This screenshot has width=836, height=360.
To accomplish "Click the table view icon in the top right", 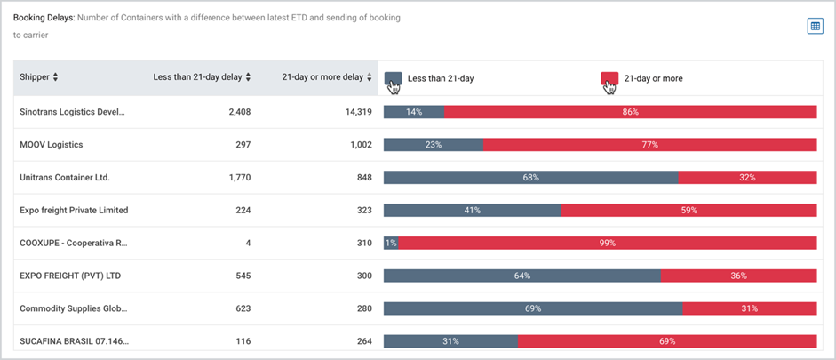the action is [x=816, y=26].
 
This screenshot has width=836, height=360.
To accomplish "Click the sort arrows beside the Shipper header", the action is [x=55, y=77].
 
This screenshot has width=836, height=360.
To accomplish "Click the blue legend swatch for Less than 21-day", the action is [x=393, y=78].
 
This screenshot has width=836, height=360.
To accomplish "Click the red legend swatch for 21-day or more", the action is [x=609, y=78].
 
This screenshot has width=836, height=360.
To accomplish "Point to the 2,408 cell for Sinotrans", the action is [x=239, y=112].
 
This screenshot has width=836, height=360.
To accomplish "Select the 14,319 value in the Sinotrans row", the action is [x=358, y=112].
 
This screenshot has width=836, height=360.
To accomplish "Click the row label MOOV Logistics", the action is [x=52, y=145].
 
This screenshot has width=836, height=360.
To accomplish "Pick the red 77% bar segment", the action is [x=650, y=145].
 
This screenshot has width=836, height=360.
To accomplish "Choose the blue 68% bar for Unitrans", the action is [x=531, y=178].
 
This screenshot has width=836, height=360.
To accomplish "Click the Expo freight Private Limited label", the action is [x=74, y=210].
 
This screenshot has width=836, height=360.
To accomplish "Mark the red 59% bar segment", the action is [x=689, y=210].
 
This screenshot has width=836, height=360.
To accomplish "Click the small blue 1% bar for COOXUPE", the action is [x=391, y=244].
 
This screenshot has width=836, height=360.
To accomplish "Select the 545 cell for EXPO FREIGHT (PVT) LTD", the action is [x=243, y=276].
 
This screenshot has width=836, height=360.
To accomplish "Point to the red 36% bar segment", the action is [x=739, y=276].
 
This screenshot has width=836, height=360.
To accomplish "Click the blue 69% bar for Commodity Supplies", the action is [x=533, y=308].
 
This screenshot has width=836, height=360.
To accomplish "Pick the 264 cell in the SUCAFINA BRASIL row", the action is [x=364, y=341].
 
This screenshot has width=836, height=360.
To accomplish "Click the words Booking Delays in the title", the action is [x=44, y=18].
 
